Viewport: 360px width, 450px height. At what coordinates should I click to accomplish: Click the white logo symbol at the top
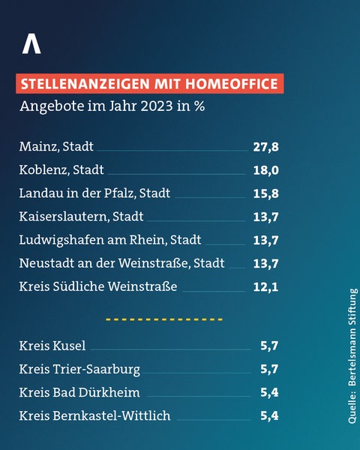click(31, 44)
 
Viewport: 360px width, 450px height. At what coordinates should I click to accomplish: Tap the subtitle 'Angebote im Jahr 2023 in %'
click(112, 105)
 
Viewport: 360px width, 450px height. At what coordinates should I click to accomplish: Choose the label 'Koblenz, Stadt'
click(61, 169)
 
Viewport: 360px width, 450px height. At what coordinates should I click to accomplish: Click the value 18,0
click(266, 169)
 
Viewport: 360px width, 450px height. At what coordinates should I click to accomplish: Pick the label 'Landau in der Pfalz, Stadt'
click(94, 193)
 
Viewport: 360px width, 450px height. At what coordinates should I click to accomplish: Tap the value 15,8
click(266, 193)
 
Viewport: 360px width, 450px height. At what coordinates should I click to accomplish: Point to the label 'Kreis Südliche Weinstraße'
click(97, 286)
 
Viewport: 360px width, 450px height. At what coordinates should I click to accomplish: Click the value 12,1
click(266, 286)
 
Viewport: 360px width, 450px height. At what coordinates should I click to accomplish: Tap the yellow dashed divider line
click(164, 319)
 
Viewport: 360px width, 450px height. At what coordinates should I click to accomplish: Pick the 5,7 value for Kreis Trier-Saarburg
click(268, 369)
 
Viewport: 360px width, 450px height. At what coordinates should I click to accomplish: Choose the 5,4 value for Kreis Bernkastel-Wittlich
click(268, 415)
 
